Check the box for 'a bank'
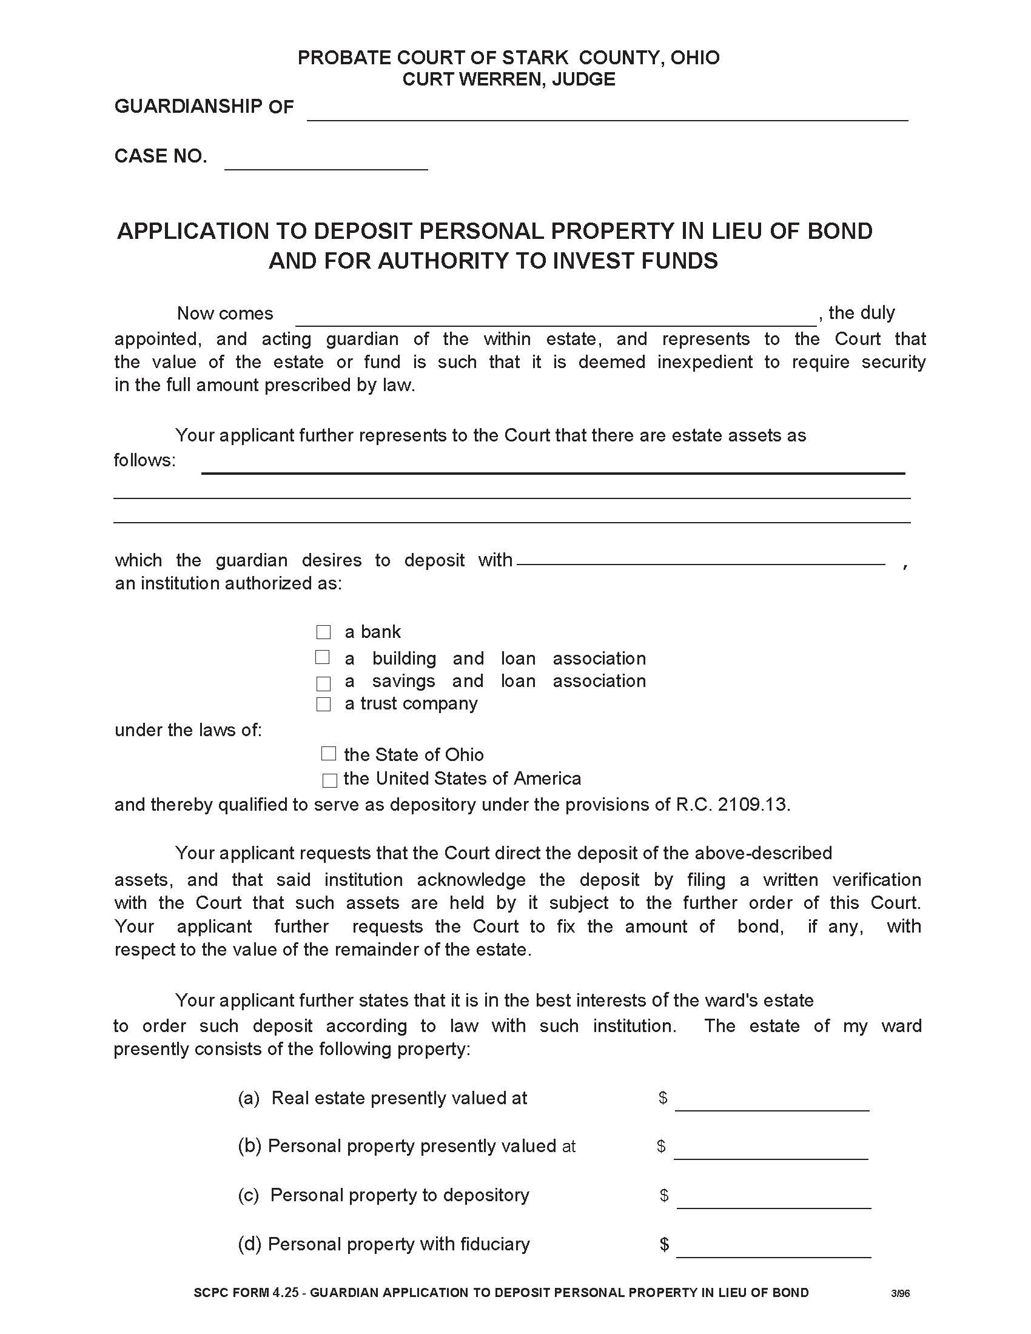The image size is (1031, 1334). [323, 632]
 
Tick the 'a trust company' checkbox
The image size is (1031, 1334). [323, 704]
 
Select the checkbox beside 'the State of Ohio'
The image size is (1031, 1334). [329, 754]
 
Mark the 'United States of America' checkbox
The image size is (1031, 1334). [329, 780]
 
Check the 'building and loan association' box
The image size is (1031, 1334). [322, 657]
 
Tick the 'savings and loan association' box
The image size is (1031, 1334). [323, 683]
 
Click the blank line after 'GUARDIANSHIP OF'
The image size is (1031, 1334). [607, 113]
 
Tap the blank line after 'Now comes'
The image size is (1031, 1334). [555, 318]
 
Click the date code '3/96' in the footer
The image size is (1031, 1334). [900, 1293]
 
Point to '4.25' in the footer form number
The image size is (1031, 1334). [287, 1293]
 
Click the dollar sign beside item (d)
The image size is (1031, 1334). [665, 1244]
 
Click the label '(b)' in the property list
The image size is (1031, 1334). [249, 1146]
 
